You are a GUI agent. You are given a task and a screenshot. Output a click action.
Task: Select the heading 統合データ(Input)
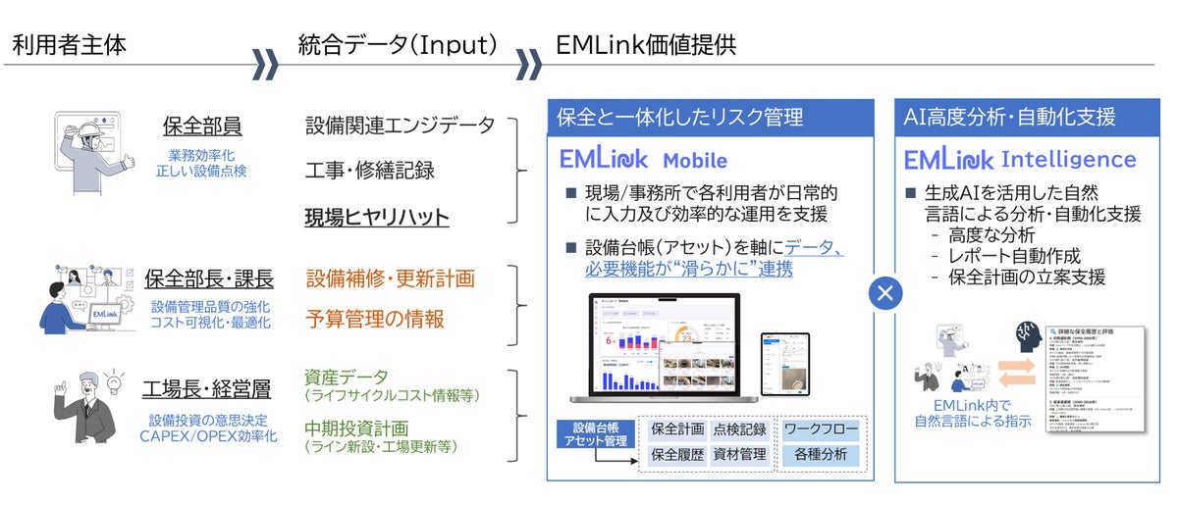(398, 44)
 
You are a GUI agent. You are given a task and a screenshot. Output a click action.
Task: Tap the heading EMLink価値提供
(645, 44)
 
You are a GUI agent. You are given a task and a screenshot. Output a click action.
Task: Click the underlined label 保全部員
(202, 127)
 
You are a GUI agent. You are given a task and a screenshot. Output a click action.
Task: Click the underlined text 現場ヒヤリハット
(377, 217)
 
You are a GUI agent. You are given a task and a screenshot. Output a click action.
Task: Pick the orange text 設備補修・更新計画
(390, 278)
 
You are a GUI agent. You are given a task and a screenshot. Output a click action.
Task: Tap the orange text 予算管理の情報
(374, 319)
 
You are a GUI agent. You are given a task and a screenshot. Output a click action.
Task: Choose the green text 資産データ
(347, 377)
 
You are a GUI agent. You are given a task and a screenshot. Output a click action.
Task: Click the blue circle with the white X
(885, 291)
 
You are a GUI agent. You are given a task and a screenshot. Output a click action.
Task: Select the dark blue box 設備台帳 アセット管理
(593, 435)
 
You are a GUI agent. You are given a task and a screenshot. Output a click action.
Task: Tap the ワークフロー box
(821, 429)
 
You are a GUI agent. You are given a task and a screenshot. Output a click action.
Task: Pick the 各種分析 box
(821, 455)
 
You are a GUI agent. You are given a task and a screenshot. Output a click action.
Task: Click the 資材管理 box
(738, 455)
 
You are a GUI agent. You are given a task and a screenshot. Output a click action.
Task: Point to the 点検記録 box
(738, 429)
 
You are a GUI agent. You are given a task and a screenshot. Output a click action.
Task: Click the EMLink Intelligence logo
(1020, 160)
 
